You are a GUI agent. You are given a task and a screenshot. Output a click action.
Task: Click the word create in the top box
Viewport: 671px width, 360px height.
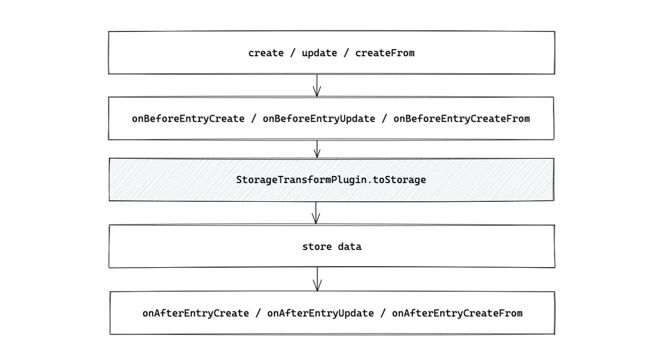tap(266, 53)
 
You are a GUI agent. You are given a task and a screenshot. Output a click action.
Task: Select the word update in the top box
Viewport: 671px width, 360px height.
tap(320, 53)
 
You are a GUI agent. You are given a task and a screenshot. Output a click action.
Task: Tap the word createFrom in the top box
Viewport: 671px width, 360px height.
tap(385, 53)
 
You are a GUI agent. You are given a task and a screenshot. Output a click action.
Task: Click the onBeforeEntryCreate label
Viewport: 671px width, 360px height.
tap(188, 119)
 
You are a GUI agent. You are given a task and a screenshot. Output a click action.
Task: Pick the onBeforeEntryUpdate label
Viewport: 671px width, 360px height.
tap(319, 119)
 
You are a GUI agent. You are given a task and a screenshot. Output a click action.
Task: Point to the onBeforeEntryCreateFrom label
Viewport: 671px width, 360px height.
tap(462, 119)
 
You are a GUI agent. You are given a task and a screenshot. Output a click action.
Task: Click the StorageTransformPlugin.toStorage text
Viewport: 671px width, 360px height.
tap(331, 180)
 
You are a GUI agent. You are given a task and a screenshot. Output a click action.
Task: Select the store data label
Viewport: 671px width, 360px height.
tap(332, 247)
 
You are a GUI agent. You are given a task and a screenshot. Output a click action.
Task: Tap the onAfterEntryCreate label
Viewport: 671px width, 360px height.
tap(196, 313)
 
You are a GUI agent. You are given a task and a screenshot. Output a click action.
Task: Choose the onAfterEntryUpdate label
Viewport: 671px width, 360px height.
tap(321, 313)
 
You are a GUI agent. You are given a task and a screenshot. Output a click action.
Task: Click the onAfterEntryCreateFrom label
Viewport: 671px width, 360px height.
tap(457, 313)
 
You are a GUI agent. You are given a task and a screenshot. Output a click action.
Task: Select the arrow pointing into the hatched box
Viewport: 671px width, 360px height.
tap(317, 149)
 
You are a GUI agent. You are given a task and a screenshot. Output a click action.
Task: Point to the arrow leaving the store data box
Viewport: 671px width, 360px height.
tap(317, 279)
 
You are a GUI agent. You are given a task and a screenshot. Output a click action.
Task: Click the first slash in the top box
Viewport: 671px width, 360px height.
tap(293, 53)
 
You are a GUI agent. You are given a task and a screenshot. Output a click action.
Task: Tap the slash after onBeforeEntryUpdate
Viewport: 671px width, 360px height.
tap(384, 119)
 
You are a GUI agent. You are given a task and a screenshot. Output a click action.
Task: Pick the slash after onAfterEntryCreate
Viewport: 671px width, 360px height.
tap(258, 313)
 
